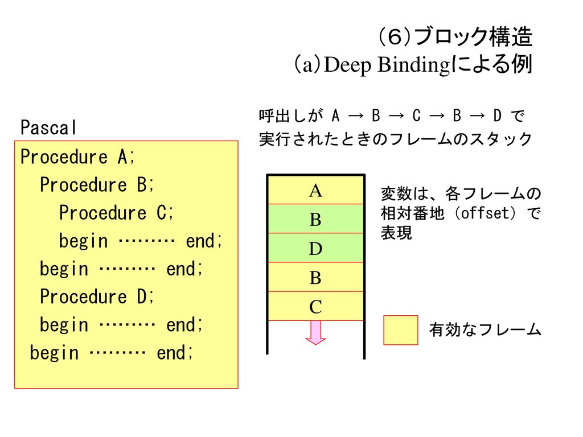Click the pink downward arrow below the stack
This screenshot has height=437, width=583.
(x=315, y=332)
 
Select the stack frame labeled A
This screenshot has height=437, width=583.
(x=315, y=190)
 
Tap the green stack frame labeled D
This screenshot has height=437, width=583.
(x=315, y=248)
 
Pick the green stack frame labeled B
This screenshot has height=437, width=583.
(x=315, y=219)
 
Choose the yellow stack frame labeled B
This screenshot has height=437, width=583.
(x=315, y=277)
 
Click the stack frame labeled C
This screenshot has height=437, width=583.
(x=315, y=306)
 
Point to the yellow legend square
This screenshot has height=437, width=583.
(x=400, y=331)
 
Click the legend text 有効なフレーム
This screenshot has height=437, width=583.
(x=485, y=329)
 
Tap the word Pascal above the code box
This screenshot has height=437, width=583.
(x=48, y=127)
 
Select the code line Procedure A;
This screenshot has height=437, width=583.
(x=77, y=157)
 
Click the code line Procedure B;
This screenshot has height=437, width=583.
(x=97, y=185)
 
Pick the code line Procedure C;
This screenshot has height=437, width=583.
(x=116, y=213)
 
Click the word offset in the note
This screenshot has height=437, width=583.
(x=485, y=213)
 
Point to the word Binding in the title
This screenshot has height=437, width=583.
(x=414, y=65)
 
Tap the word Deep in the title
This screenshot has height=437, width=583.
(x=348, y=65)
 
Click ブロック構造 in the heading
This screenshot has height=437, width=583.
(x=473, y=37)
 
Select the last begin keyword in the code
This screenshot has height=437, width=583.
(x=54, y=353)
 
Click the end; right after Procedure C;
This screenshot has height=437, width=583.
(x=204, y=241)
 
